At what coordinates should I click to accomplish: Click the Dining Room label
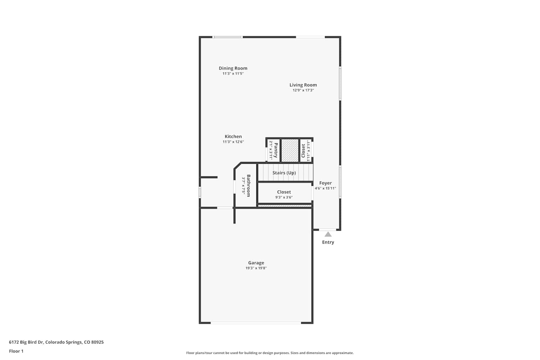(x=233, y=68)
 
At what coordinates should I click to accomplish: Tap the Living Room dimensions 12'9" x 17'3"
(x=303, y=90)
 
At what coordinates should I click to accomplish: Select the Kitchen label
(x=233, y=136)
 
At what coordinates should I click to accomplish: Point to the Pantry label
(x=276, y=150)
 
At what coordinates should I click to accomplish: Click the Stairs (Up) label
(x=284, y=173)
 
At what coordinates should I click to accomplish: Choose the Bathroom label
(x=248, y=186)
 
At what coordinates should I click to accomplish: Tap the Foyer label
(x=325, y=183)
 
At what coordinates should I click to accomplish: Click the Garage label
(x=256, y=263)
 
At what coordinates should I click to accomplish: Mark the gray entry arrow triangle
(x=328, y=234)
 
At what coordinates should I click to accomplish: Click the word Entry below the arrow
(x=328, y=242)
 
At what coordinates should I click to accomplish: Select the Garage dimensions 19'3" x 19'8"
(x=256, y=268)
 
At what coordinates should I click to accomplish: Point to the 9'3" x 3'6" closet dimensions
(x=284, y=197)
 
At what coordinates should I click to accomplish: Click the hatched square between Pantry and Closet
(x=290, y=150)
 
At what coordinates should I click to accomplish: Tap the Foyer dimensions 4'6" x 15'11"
(x=325, y=188)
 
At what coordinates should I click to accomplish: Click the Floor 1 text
(x=16, y=351)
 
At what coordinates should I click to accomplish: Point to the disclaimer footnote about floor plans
(x=270, y=353)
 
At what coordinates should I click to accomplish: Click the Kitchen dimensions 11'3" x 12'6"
(x=233, y=142)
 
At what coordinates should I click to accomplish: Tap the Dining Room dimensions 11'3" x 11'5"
(x=233, y=73)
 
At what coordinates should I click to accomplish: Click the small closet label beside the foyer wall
(x=303, y=151)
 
